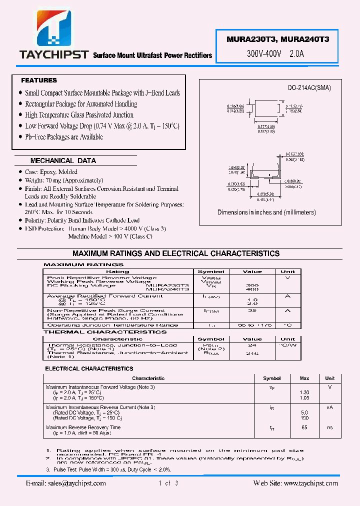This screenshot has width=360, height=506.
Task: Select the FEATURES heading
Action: pos(39,80)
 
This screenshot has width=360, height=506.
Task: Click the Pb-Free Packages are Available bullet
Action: pos(64,137)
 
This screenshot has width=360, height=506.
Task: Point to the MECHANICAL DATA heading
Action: pos(63,161)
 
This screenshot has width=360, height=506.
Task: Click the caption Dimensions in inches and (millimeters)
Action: pos(266,212)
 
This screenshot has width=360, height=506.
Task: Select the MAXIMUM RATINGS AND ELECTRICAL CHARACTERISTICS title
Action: pos(176,253)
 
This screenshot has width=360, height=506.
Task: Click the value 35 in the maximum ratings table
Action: pos(252,310)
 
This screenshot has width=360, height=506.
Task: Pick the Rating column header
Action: pos(118,271)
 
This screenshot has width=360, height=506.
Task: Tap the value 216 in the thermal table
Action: pos(252,353)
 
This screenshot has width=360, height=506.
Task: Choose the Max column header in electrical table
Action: pos(304,378)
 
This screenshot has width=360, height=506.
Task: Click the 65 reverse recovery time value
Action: pos(304,427)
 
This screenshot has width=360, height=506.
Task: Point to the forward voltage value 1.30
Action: pos(304,392)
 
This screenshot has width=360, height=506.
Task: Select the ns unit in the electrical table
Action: pos(330,427)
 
